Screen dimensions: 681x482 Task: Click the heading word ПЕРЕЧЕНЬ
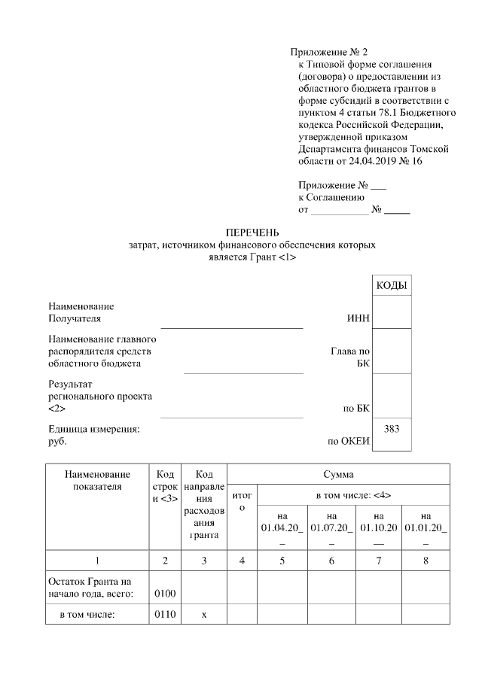click(x=252, y=233)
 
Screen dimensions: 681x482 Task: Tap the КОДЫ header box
click(x=392, y=286)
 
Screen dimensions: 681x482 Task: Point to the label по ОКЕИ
click(x=348, y=442)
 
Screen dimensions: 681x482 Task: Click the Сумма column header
click(x=338, y=475)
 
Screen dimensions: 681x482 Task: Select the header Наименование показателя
click(x=97, y=480)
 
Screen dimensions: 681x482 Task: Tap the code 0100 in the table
click(x=164, y=594)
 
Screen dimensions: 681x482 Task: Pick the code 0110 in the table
click(x=164, y=615)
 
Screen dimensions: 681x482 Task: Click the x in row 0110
click(x=203, y=615)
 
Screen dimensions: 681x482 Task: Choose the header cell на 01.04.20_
click(x=282, y=526)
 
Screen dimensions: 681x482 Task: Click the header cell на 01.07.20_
click(x=331, y=526)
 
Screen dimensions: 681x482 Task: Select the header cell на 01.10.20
click(x=378, y=526)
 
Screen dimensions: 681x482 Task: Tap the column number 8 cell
click(x=426, y=561)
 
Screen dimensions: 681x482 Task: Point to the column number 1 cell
click(x=97, y=561)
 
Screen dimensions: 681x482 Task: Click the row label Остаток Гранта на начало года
click(x=90, y=588)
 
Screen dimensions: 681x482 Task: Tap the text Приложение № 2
click(x=329, y=53)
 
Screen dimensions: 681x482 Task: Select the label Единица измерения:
click(x=94, y=429)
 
